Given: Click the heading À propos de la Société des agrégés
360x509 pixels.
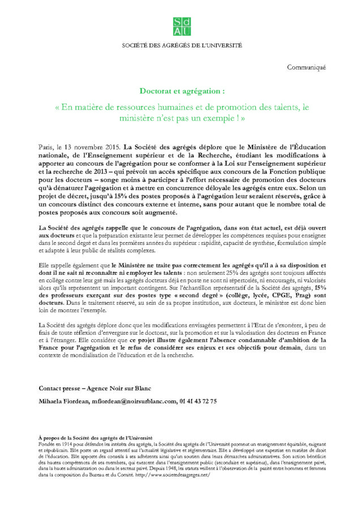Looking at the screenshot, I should (x=95, y=438).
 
